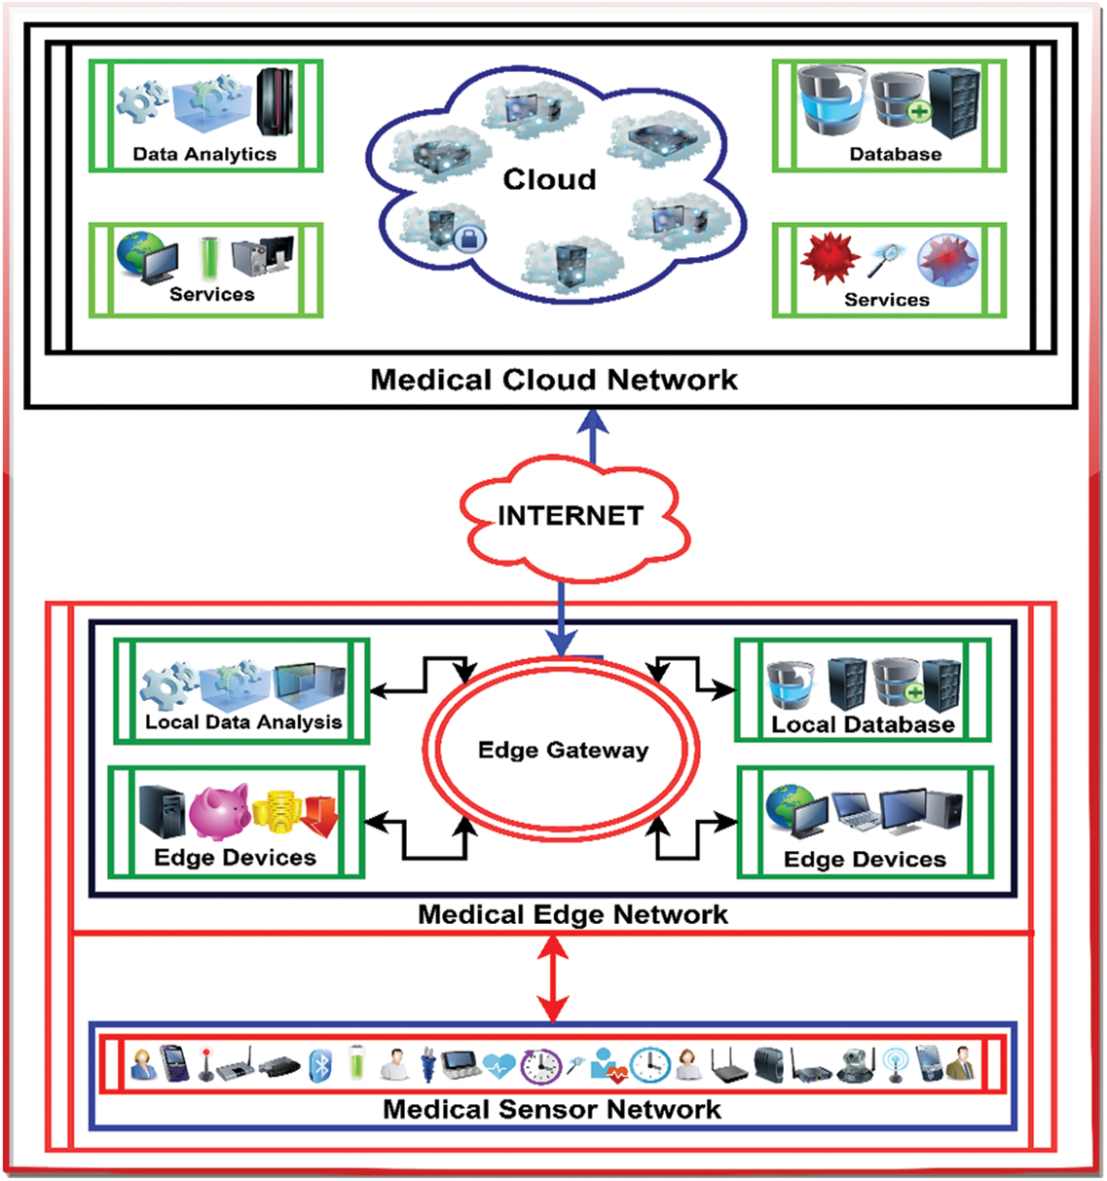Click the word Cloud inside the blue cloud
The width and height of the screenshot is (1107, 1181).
[549, 179]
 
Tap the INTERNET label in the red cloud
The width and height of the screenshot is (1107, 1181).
[571, 515]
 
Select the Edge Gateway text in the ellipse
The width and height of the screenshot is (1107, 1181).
[563, 750]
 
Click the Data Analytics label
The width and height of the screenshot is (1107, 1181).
[204, 154]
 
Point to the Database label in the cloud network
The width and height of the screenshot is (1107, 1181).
[895, 154]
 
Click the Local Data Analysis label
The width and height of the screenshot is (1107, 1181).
[243, 722]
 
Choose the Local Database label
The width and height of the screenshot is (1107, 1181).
[863, 724]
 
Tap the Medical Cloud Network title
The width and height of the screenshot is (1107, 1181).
[554, 380]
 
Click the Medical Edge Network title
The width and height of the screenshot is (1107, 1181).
[572, 914]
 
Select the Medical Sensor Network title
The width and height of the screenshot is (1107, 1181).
[552, 1109]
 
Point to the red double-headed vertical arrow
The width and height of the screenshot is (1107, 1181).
[553, 978]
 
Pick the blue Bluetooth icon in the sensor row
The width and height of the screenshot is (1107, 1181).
[320, 1066]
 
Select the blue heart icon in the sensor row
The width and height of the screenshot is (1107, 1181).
[498, 1066]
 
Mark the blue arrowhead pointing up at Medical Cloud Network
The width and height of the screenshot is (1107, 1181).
[593, 422]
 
